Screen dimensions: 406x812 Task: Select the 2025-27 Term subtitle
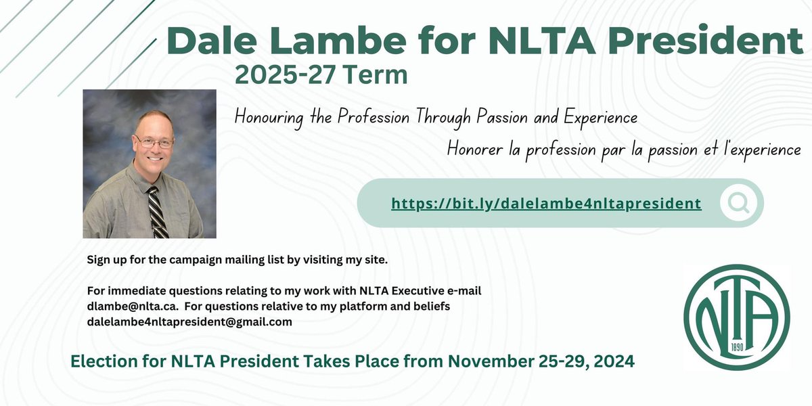(321, 75)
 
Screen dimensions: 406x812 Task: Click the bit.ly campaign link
(546, 203)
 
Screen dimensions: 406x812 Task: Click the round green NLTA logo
(737, 317)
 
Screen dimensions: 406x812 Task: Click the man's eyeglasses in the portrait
(154, 142)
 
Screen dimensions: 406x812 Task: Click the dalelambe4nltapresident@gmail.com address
(189, 322)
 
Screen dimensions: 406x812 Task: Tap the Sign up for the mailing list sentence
(237, 260)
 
